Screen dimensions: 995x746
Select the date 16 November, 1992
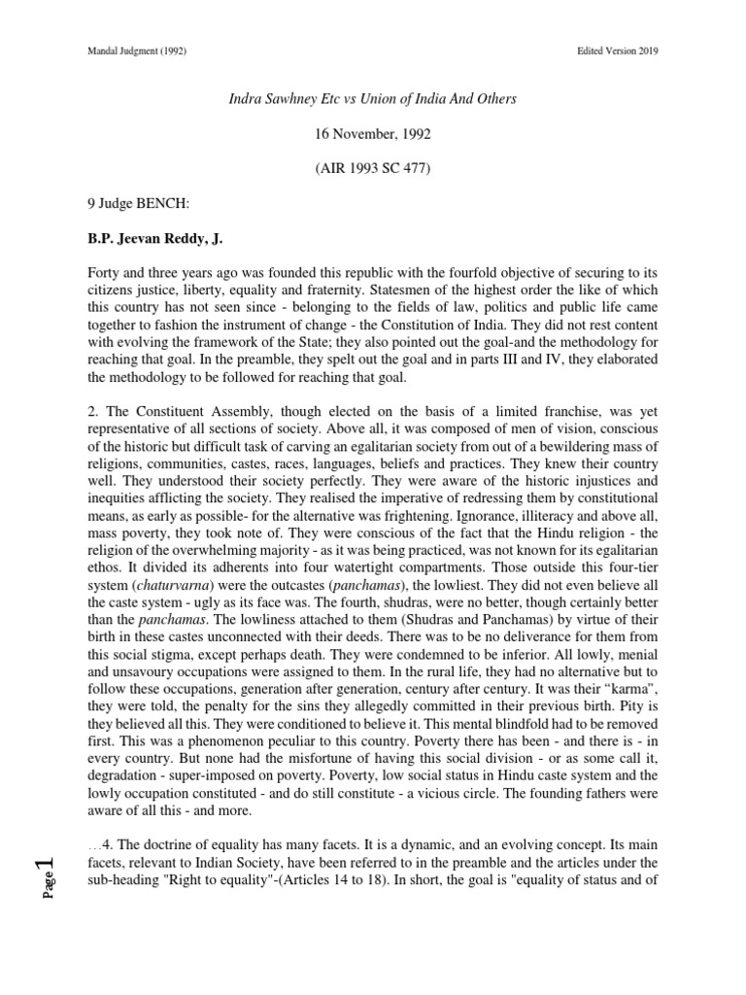coord(373,134)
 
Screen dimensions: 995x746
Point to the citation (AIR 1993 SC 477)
coord(373,169)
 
